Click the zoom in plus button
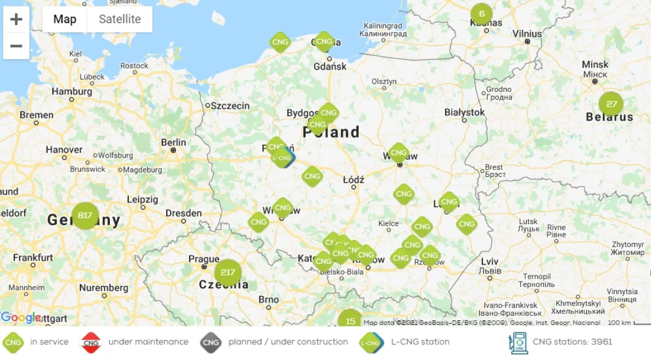(x=16, y=20)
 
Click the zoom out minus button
(x=16, y=46)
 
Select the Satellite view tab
(x=120, y=19)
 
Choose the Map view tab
(x=64, y=19)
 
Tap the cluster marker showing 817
(x=85, y=216)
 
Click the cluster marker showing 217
(x=228, y=272)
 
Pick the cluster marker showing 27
(x=611, y=104)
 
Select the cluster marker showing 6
(x=482, y=14)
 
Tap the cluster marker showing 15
(x=350, y=320)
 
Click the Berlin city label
(x=174, y=142)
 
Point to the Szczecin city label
(x=230, y=106)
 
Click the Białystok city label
(x=465, y=112)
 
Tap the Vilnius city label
(x=527, y=33)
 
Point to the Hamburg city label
(x=72, y=91)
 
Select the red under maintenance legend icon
(x=91, y=342)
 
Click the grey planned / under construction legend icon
(x=211, y=342)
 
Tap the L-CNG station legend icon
(x=372, y=342)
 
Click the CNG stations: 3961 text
(x=572, y=342)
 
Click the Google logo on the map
(x=20, y=317)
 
